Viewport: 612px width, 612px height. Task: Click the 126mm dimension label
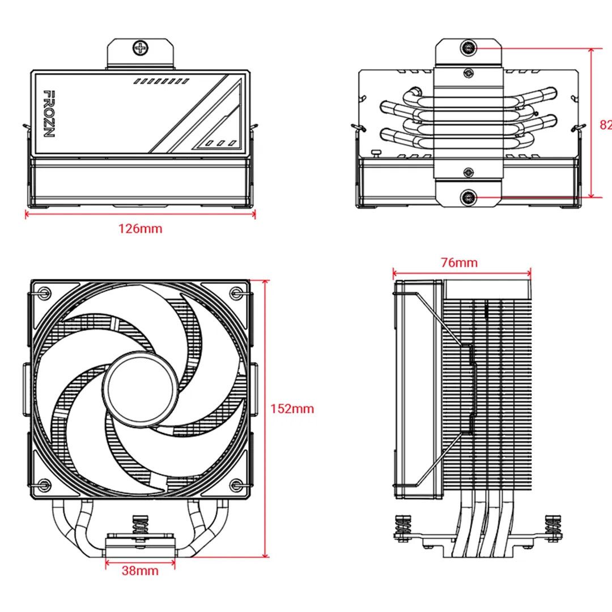coord(140,229)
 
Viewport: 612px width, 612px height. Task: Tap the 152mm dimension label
coord(292,409)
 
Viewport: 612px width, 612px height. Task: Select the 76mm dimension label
coord(459,263)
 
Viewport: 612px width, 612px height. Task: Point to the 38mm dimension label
coord(140,571)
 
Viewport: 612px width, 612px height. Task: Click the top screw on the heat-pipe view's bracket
coord(468,48)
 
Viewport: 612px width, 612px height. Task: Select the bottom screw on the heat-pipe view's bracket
coord(468,197)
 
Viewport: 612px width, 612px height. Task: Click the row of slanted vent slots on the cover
coord(161,82)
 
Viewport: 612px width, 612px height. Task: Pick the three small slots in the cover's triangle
coord(219,143)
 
